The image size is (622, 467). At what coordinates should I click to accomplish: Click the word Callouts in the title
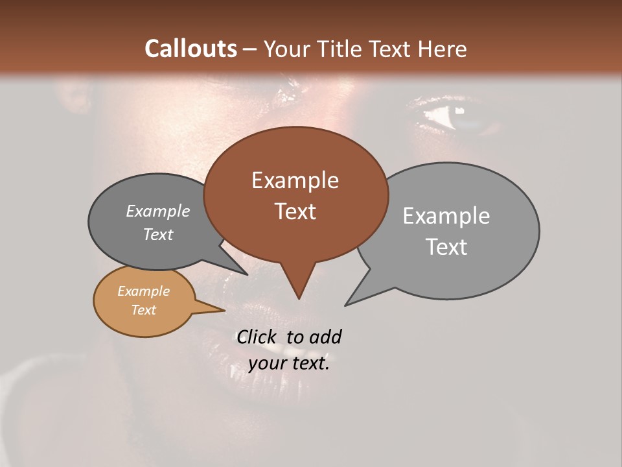tap(190, 49)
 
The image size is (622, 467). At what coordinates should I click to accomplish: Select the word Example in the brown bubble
tap(295, 180)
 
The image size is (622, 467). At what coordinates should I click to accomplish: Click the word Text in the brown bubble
tap(295, 211)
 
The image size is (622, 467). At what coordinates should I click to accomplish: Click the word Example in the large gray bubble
tap(446, 216)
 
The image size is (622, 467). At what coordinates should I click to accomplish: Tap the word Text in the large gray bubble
tap(446, 247)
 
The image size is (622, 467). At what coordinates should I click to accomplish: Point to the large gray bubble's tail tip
tap(346, 304)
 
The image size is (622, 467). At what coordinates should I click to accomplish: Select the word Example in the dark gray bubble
tap(157, 211)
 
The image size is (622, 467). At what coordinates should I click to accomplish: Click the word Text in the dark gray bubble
tap(157, 235)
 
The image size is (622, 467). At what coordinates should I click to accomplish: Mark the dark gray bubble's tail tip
tap(247, 274)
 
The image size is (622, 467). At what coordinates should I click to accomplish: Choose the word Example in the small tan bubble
tap(143, 291)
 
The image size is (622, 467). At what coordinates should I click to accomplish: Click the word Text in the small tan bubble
tap(143, 310)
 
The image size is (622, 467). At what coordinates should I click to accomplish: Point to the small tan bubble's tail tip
tap(224, 310)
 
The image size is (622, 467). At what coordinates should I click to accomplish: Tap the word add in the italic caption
tap(325, 337)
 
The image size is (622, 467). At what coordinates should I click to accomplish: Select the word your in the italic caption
tap(267, 363)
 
